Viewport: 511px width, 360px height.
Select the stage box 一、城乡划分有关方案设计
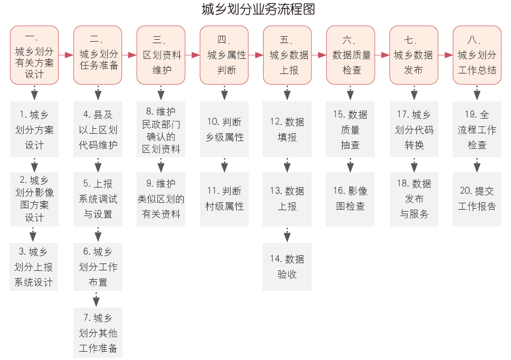34,55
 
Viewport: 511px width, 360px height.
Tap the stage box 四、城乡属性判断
224,55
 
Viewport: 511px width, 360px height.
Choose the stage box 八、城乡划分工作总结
477,55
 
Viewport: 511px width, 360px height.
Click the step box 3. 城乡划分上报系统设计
33,267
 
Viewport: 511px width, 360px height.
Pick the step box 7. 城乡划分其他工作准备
98,333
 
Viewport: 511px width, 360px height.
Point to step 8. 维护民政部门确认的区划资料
161,130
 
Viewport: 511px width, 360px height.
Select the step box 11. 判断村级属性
224,199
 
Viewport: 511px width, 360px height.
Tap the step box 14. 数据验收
287,267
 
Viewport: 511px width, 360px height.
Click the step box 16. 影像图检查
350,199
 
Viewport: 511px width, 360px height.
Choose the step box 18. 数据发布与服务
414,199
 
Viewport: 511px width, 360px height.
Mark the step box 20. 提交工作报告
477,199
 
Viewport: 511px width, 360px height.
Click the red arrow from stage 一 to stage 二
66,55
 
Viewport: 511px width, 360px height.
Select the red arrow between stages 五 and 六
319,55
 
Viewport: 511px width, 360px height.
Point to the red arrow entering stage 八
445,55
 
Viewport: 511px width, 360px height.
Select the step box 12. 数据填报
287,130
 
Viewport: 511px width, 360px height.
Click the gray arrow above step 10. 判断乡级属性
224,93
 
